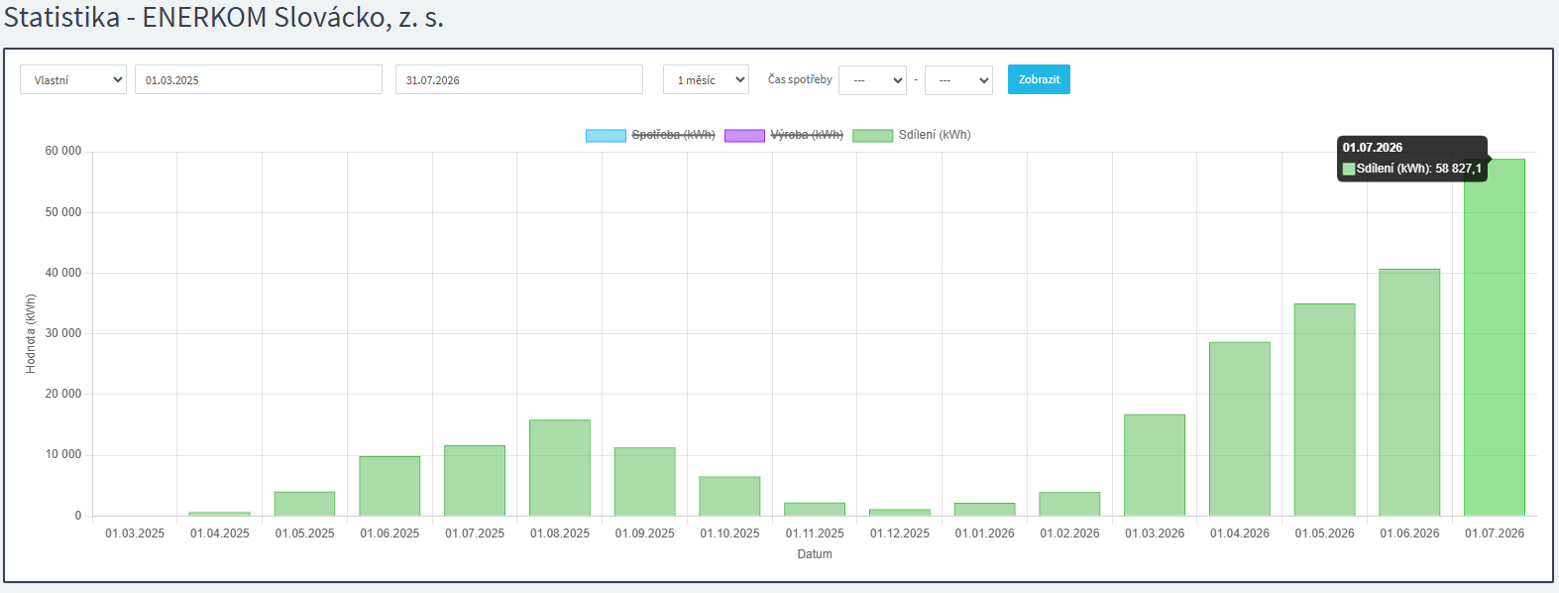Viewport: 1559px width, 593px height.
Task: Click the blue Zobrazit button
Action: pos(1039,79)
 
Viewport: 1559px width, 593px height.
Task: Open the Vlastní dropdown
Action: pos(73,79)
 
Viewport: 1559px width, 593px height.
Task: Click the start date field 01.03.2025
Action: pos(259,79)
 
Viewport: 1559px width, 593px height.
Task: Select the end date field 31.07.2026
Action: pos(519,79)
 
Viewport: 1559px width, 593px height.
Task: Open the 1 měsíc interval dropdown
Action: pos(706,79)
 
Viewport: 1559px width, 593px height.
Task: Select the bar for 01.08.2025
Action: pos(560,468)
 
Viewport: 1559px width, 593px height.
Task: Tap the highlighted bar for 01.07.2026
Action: pos(1495,337)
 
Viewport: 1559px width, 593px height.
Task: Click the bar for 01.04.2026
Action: pos(1240,428)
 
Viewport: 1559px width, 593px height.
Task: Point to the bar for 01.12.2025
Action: pos(900,513)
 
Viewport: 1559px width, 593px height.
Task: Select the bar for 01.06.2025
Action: pos(390,486)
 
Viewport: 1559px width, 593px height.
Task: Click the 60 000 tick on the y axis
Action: pos(63,151)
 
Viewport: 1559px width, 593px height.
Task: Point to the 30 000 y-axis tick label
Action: pos(63,333)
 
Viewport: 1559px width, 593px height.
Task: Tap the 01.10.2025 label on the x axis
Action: pos(729,534)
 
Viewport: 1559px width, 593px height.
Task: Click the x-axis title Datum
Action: pos(815,554)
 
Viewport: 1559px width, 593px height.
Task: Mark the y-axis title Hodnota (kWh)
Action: pos(31,333)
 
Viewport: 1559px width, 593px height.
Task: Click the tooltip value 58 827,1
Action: pos(1458,169)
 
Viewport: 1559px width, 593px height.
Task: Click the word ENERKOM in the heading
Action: pos(204,17)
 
